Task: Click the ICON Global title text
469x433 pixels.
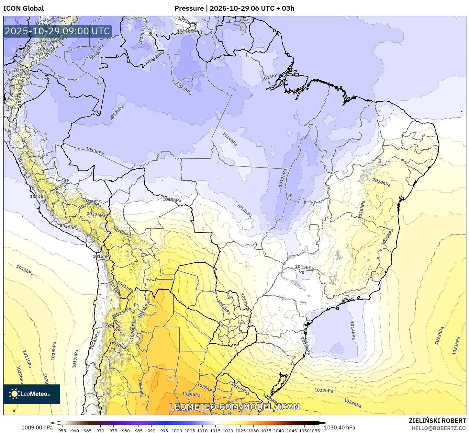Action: click(x=23, y=8)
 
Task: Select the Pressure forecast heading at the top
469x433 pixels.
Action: click(x=234, y=8)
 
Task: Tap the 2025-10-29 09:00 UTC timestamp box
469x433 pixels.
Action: click(x=57, y=31)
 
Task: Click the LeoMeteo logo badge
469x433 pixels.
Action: click(x=32, y=394)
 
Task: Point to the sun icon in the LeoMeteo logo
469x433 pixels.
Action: click(x=14, y=394)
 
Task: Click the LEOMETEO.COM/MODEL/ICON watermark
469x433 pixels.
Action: click(x=235, y=407)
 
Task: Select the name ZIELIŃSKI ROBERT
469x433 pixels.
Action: click(x=437, y=421)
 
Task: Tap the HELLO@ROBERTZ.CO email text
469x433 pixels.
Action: click(x=439, y=428)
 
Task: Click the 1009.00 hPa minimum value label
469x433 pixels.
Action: click(x=37, y=427)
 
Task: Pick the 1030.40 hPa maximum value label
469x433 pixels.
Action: click(x=342, y=427)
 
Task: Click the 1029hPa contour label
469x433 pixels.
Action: click(x=191, y=394)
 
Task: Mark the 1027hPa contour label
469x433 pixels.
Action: click(x=141, y=388)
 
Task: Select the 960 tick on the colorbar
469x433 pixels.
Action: click(x=75, y=431)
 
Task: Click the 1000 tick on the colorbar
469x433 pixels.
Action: click(x=177, y=431)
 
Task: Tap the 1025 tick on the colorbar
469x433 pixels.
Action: click(x=240, y=431)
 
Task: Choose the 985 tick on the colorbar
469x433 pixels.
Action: click(x=139, y=431)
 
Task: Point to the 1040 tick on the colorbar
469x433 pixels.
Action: click(x=279, y=431)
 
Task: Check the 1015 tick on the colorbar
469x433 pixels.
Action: click(x=215, y=431)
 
